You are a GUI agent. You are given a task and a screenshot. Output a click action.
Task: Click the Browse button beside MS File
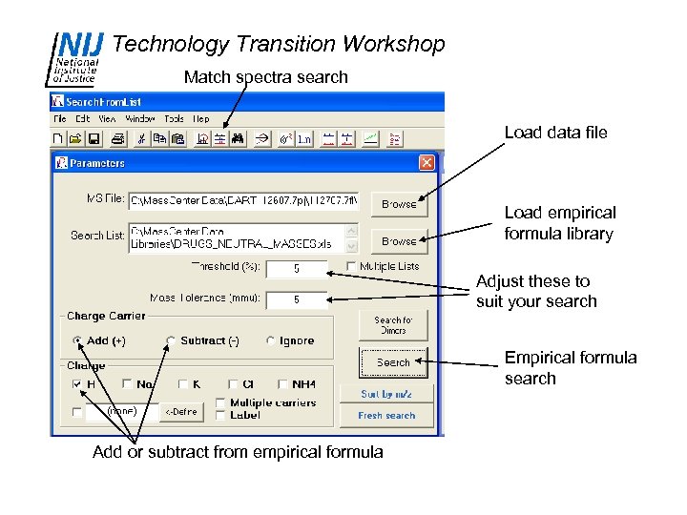coord(399,204)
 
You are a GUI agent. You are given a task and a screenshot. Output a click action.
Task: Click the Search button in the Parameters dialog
coord(393,362)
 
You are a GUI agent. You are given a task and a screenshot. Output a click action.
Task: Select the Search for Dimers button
coord(393,325)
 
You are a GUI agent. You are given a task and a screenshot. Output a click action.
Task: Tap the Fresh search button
coord(386,416)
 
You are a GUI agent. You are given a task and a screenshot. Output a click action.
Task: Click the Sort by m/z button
coord(386,393)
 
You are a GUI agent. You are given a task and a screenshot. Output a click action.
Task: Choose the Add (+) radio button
coord(77,340)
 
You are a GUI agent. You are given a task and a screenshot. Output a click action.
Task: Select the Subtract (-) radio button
coord(171,340)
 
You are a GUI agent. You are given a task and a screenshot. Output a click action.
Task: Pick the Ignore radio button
coord(272,340)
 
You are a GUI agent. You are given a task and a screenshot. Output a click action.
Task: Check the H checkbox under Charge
coord(77,384)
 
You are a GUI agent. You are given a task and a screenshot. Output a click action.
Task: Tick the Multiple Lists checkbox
coord(352,266)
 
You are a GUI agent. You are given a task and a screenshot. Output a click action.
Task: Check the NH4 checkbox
coord(283,384)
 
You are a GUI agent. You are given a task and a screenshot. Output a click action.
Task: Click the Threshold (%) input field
coord(296,269)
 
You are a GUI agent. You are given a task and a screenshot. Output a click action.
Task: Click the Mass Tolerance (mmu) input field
coord(296,299)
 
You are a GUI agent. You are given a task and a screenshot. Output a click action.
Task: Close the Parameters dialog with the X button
coord(426,163)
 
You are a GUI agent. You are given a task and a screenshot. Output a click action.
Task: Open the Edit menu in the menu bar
coord(83,119)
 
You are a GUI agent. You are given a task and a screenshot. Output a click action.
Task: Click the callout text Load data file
coord(555,133)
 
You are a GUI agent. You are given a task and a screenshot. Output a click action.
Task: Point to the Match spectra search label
coord(265,76)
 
